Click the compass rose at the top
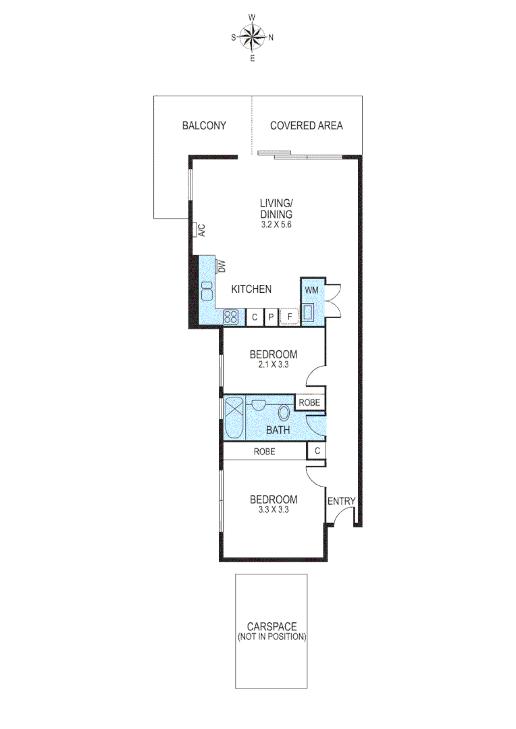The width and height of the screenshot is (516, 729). click(x=253, y=37)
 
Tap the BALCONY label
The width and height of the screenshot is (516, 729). click(x=203, y=126)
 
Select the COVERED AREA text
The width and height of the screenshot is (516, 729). click(x=306, y=126)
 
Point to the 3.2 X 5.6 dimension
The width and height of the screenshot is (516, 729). click(x=276, y=225)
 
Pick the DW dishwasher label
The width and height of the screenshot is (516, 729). click(x=220, y=266)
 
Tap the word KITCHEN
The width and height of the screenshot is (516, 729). click(x=251, y=290)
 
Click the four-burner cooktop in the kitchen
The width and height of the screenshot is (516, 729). click(x=230, y=317)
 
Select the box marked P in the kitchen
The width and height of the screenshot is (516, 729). click(x=270, y=317)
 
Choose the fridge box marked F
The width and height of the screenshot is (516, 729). click(x=290, y=317)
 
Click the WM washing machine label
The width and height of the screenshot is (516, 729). click(x=311, y=290)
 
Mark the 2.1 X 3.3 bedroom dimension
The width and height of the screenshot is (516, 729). click(x=273, y=365)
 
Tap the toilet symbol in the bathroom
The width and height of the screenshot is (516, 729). click(x=284, y=413)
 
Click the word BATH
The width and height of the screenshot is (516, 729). click(x=278, y=430)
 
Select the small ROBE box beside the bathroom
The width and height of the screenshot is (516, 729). click(x=310, y=403)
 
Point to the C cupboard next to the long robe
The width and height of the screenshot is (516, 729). click(x=315, y=452)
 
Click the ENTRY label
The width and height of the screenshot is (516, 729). click(x=341, y=501)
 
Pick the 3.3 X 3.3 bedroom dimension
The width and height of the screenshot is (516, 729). click(x=273, y=511)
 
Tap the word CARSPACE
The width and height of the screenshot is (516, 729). click(x=271, y=626)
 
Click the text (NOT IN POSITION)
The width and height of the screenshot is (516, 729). click(x=271, y=637)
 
